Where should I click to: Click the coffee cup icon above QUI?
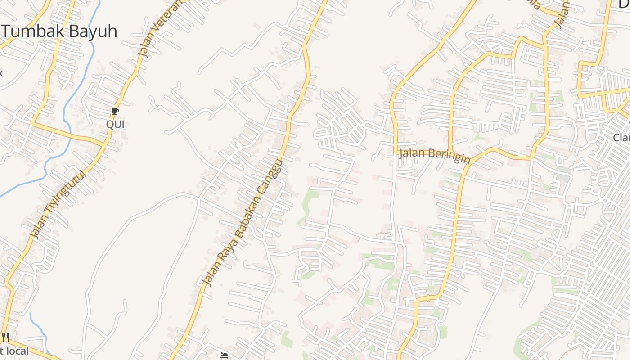tap(115, 111)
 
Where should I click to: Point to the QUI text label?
tap(115, 124)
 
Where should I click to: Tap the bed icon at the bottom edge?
tap(223, 355)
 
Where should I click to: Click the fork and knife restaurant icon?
tap(5, 337)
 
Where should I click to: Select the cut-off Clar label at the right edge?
tap(621, 137)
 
